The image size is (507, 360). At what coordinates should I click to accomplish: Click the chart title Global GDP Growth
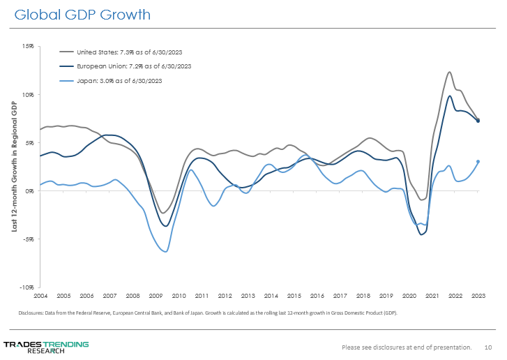click(x=82, y=15)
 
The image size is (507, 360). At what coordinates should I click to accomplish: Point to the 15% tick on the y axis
click(x=28, y=47)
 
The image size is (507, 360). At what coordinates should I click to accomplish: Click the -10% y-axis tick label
click(x=27, y=287)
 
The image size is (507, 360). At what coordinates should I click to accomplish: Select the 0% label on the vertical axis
click(x=30, y=190)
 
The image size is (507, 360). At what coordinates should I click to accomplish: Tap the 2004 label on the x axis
click(x=40, y=296)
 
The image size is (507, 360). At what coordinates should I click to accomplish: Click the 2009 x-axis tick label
click(x=156, y=296)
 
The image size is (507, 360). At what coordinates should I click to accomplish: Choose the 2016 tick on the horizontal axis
click(x=317, y=296)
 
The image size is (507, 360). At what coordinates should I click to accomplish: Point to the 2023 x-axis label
click(x=478, y=296)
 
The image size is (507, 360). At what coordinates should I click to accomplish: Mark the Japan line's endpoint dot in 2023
click(x=478, y=162)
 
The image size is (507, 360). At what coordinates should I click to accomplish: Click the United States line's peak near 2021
click(x=449, y=72)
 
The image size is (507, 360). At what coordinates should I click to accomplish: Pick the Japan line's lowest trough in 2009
click(x=165, y=251)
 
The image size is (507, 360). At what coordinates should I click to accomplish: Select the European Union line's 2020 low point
click(x=421, y=234)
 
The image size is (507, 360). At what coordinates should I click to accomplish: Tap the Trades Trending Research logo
click(x=46, y=347)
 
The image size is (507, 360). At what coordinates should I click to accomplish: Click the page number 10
click(x=488, y=347)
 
